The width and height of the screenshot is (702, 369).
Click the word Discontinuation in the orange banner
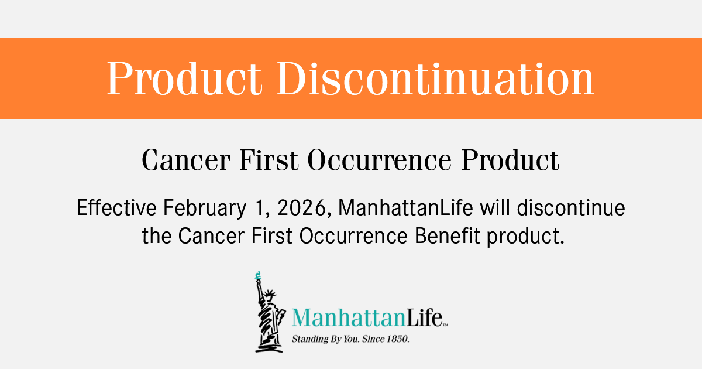tap(435, 78)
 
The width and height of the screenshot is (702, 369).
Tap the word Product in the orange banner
tap(185, 78)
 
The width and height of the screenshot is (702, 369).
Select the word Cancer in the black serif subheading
tap(186, 160)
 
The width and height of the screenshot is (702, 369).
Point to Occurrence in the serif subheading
tap(380, 160)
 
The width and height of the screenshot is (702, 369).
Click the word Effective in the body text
tap(116, 207)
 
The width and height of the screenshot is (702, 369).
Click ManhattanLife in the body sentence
tap(405, 207)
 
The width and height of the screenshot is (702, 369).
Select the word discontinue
tap(571, 207)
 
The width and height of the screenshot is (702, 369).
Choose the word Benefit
tap(448, 235)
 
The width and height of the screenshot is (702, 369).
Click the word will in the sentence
tap(495, 207)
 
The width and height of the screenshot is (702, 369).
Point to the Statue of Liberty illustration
tap(270, 312)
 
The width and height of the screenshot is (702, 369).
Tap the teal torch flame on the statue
tap(258, 275)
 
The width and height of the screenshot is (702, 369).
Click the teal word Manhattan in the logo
tap(349, 317)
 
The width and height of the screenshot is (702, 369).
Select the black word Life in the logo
tap(425, 317)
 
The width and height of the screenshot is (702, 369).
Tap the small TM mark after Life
tap(446, 325)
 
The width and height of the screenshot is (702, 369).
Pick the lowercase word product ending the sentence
tap(525, 237)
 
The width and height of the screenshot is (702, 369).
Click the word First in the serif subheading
tap(269, 160)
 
